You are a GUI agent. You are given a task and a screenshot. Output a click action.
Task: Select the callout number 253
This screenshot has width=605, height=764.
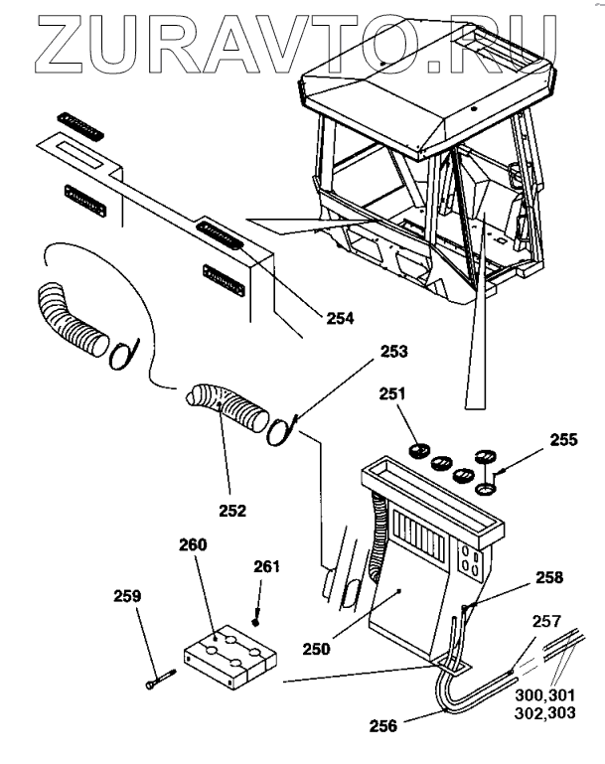click(x=393, y=351)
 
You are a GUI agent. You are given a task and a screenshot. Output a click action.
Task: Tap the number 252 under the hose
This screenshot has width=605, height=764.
click(x=233, y=512)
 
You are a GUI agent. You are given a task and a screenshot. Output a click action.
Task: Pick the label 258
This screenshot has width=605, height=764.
click(x=521, y=577)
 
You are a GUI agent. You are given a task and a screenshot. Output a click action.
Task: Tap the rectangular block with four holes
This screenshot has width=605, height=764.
click(x=229, y=657)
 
